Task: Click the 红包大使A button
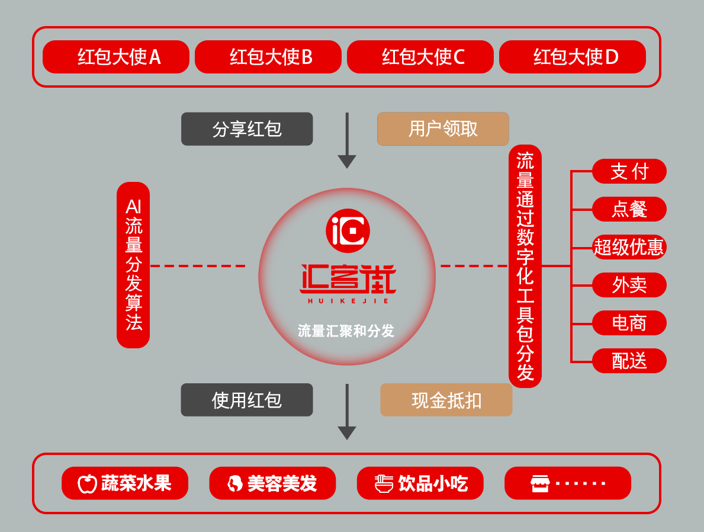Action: coord(116,57)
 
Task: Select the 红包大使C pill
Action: coord(420,57)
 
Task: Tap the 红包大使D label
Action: coord(573,57)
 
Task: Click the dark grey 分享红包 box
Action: coord(247,129)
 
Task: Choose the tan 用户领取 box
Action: coord(443,129)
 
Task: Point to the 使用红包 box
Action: coord(247,400)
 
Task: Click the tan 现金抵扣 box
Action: coord(446,400)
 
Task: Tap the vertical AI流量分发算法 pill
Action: coord(133,265)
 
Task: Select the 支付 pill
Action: coord(629,171)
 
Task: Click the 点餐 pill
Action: coord(629,209)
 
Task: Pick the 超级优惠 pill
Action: coord(629,247)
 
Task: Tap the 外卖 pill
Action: coord(629,285)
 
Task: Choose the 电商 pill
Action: coord(629,323)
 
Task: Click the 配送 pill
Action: coord(629,361)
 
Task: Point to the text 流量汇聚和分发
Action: coord(346,331)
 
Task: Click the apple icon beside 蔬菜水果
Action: coord(88,483)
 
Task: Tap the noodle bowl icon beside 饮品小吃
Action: coord(384,483)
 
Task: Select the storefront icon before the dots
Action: coord(540,483)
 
